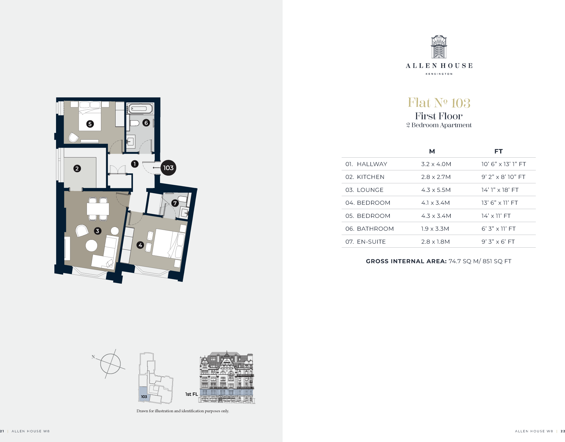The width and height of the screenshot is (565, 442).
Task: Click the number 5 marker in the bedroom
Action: pyautogui.click(x=90, y=124)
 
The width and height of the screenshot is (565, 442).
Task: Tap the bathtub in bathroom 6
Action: pyautogui.click(x=140, y=108)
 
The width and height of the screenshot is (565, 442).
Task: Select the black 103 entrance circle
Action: pyautogui.click(x=168, y=168)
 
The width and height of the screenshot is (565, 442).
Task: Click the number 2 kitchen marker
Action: pyautogui.click(x=77, y=168)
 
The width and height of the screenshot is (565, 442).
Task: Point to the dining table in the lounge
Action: pyautogui.click(x=98, y=209)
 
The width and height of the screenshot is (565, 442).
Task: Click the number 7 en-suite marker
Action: pyautogui.click(x=175, y=203)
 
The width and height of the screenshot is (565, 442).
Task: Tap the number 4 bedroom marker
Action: pyautogui.click(x=140, y=245)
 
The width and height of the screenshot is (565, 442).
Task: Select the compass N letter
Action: pyautogui.click(x=93, y=357)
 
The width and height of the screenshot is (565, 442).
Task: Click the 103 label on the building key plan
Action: pyautogui.click(x=144, y=397)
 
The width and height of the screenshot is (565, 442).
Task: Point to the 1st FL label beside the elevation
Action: pyautogui.click(x=191, y=394)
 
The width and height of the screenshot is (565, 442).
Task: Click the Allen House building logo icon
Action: pyautogui.click(x=439, y=47)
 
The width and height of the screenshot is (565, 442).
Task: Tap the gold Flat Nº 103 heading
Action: pyautogui.click(x=439, y=103)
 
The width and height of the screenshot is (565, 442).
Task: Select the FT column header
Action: pyautogui.click(x=498, y=151)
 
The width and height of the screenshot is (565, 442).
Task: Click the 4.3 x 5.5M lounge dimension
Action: pyautogui.click(x=436, y=190)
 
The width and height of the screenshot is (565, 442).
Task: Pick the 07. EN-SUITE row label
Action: pyautogui.click(x=366, y=242)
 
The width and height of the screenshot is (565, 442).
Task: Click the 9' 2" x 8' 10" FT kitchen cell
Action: pyautogui.click(x=503, y=177)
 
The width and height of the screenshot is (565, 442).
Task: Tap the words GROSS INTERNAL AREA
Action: pyautogui.click(x=406, y=261)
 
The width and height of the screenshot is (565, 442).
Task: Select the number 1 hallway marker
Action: pyautogui.click(x=135, y=164)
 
